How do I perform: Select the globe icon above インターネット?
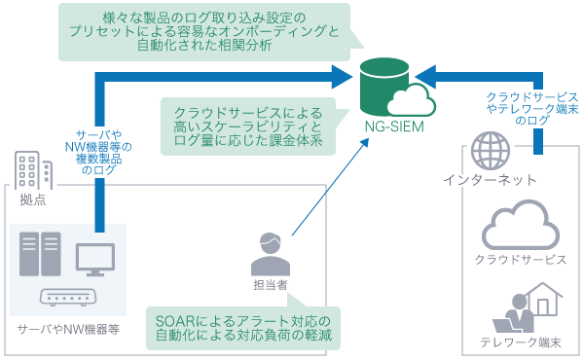point(490,153)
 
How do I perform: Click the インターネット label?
point(490,181)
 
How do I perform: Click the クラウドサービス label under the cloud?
point(521,261)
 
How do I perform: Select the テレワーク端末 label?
point(521,342)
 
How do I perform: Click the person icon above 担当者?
point(272,254)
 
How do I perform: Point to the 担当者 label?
point(272,284)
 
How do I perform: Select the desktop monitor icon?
point(94,258)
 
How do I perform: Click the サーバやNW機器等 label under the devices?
point(68,330)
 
